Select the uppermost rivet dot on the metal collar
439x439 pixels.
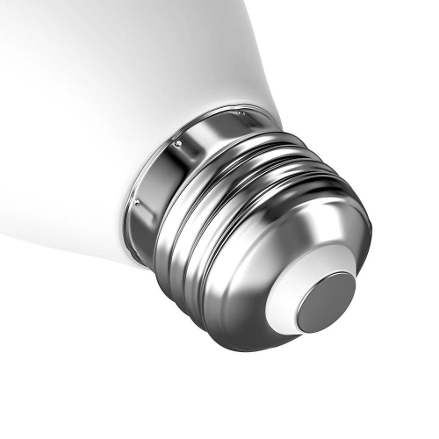coord(241,113)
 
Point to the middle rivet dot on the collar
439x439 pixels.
coord(178,143)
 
